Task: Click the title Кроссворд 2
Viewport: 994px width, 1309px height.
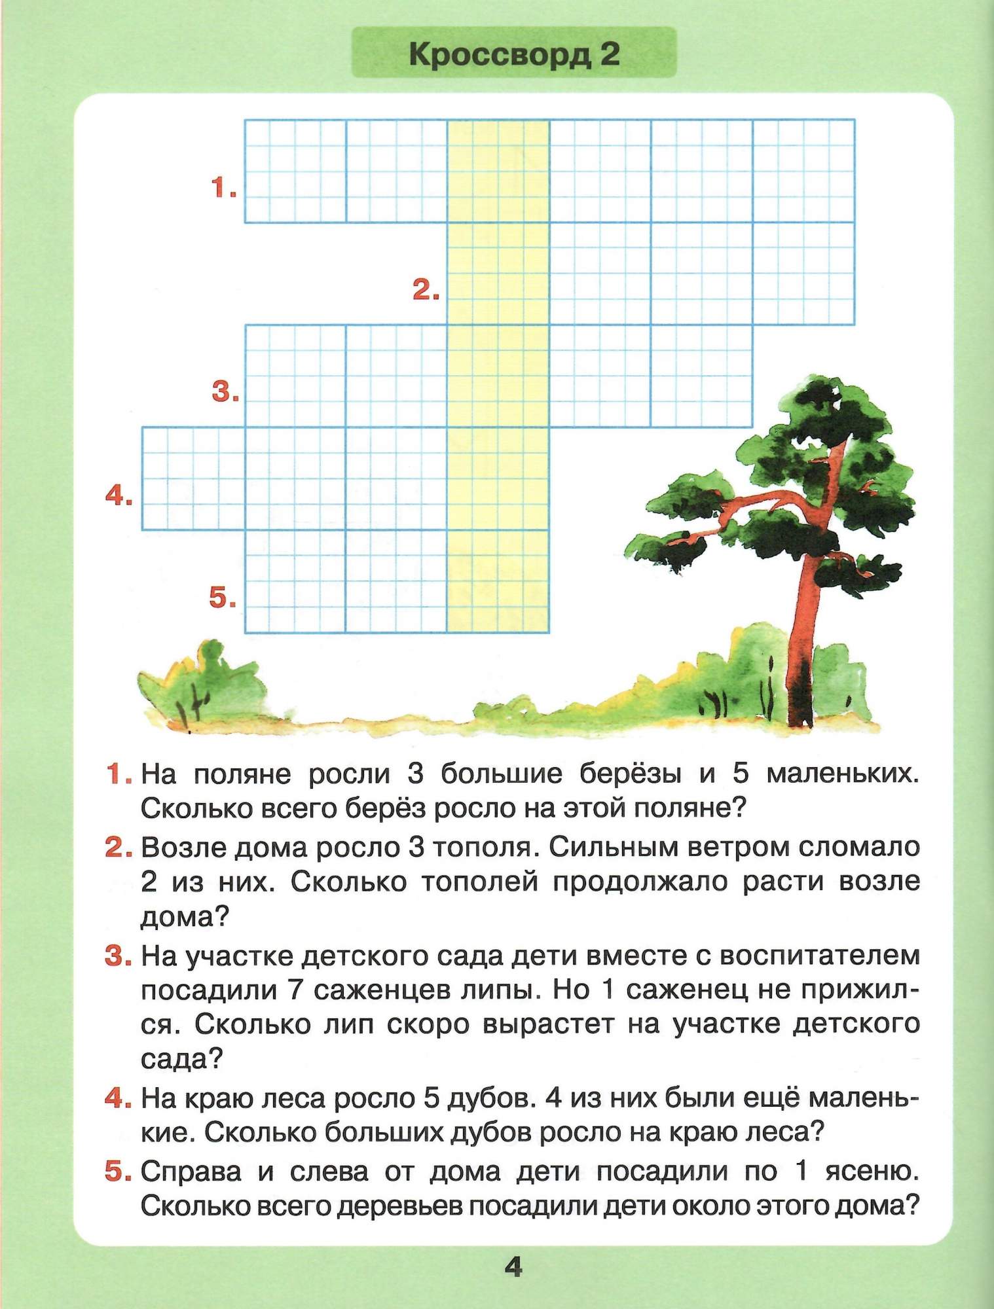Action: (x=514, y=54)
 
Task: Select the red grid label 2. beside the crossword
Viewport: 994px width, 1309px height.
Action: (x=426, y=290)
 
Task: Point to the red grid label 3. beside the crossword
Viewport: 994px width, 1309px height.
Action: (x=225, y=393)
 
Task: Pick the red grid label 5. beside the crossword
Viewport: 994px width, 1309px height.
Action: (x=223, y=598)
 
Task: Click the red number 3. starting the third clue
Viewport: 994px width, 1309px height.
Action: (x=118, y=956)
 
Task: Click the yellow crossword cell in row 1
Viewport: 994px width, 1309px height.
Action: (x=498, y=171)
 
